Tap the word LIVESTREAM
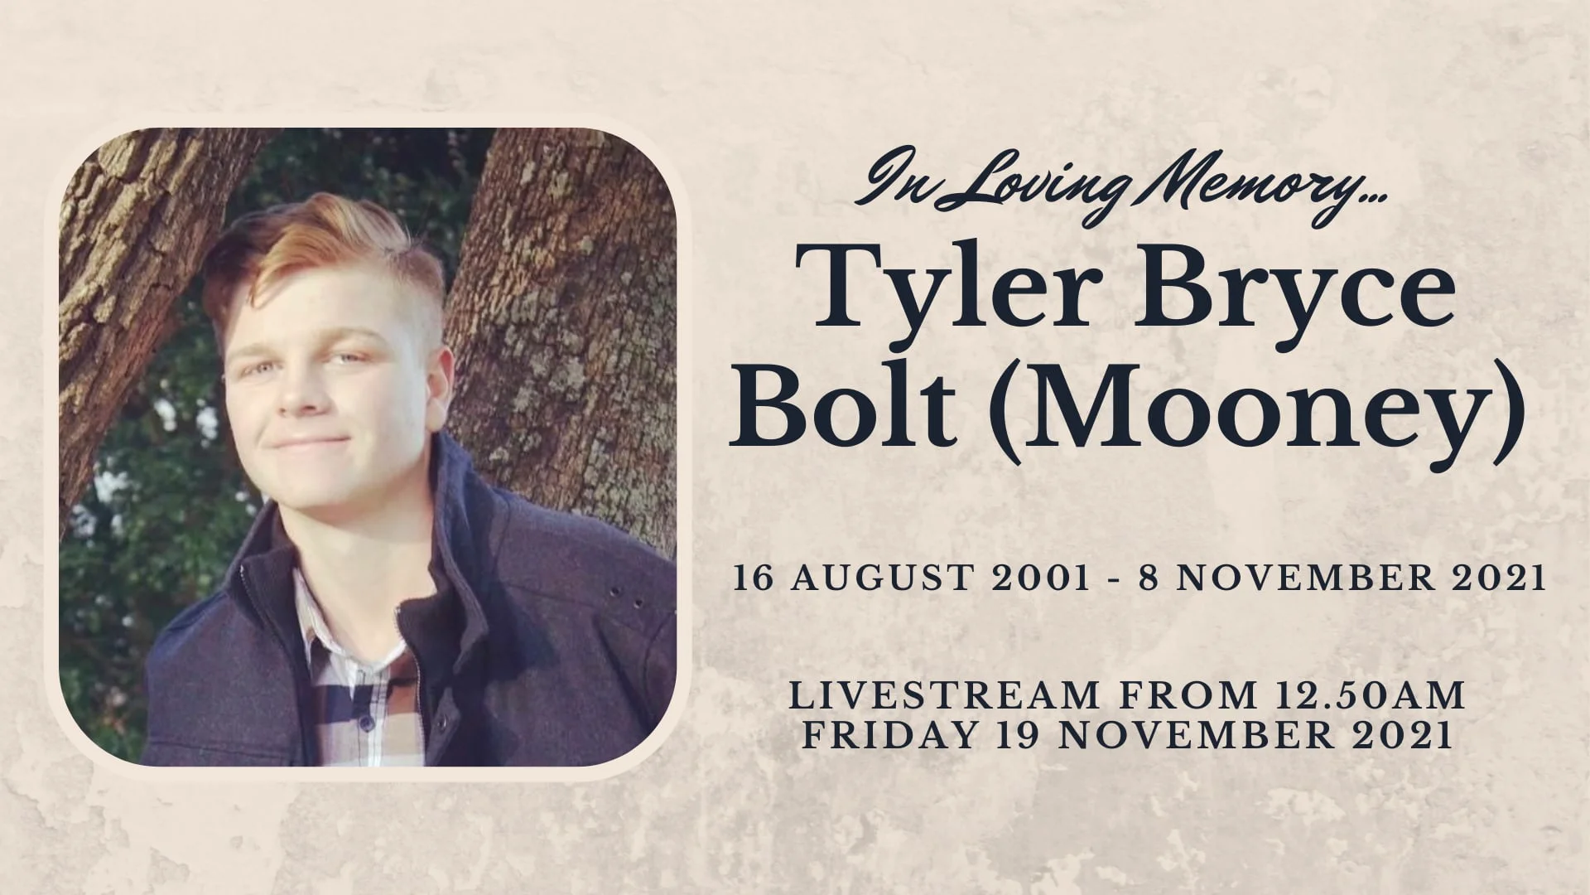(944, 697)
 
